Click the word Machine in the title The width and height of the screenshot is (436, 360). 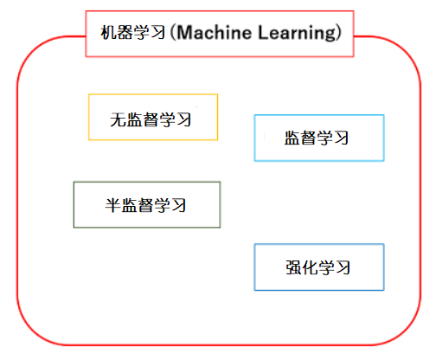(x=215, y=32)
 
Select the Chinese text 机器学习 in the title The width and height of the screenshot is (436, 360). (x=133, y=32)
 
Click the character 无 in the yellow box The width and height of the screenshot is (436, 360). (x=119, y=119)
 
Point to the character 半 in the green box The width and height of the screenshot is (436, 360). (x=112, y=205)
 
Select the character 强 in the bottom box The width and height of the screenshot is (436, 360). (x=294, y=267)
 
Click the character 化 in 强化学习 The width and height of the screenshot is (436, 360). (x=310, y=267)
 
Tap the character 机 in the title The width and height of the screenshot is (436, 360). (x=109, y=32)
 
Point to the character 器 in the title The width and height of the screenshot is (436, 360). (x=125, y=32)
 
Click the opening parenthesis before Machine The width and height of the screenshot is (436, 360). (x=173, y=33)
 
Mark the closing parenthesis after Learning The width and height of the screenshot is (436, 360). (x=338, y=33)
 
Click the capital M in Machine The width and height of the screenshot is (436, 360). (x=184, y=32)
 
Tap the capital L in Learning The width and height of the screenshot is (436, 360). (x=263, y=32)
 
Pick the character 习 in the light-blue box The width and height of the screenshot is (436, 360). (x=341, y=138)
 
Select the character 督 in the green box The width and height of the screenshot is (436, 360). (x=145, y=205)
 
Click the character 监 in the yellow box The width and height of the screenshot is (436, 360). (x=134, y=119)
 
